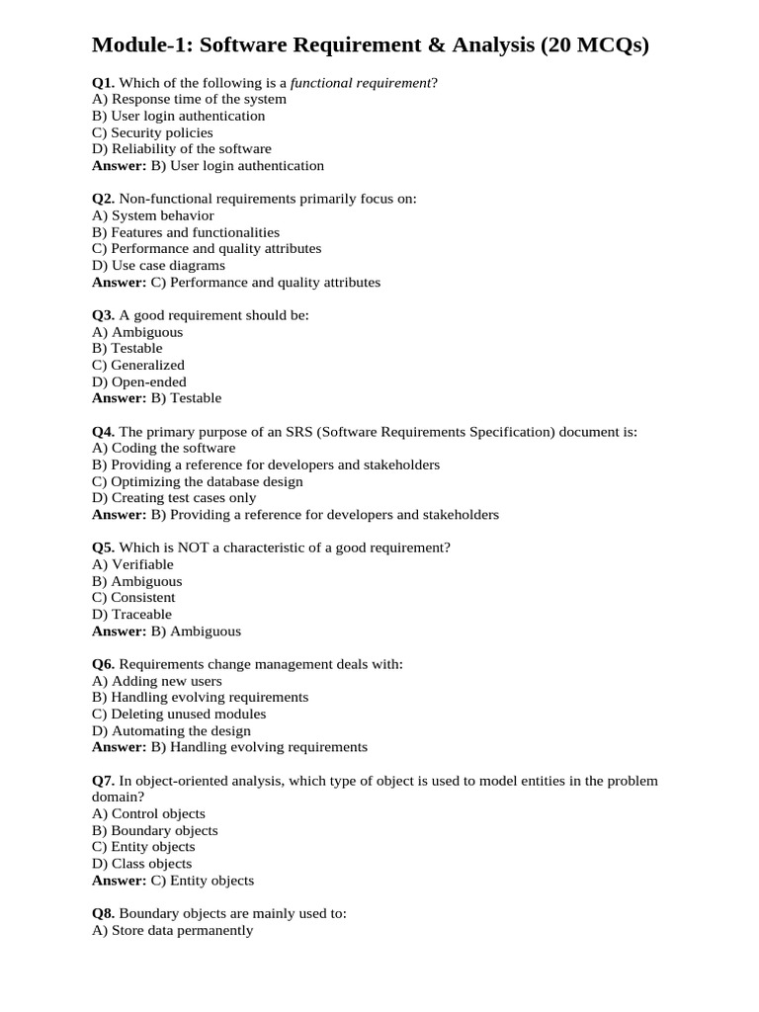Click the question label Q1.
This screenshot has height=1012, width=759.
tap(104, 82)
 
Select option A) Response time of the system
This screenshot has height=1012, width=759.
tap(189, 99)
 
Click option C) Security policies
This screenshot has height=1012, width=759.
tap(152, 132)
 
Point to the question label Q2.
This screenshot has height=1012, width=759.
tap(104, 199)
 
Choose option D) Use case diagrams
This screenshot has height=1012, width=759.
tap(158, 265)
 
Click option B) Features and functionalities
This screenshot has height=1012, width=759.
tap(186, 232)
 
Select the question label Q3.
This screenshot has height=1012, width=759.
tap(104, 315)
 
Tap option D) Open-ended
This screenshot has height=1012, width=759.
tap(139, 381)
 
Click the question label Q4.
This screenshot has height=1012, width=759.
tap(104, 432)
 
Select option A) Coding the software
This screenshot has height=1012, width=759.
tap(164, 448)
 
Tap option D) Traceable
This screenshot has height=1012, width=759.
tap(131, 614)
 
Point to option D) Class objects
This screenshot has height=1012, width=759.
tap(142, 863)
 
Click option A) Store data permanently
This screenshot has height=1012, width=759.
tap(172, 930)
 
